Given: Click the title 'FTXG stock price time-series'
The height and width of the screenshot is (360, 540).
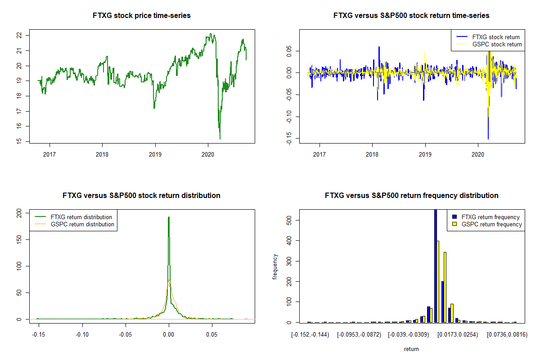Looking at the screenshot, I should coord(141,16).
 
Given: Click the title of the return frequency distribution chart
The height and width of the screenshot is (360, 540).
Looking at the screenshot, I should coord(411,196).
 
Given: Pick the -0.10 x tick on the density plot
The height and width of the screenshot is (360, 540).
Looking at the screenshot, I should coord(82,335).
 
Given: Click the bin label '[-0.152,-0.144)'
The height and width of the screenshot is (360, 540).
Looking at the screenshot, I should coord(310,335).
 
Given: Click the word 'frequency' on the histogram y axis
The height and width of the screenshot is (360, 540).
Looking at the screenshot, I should coord(275,267).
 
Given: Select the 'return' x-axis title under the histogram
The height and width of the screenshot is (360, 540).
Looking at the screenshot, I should coord(411,349).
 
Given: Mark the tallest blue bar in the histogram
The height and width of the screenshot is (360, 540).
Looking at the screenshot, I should coord(436,265).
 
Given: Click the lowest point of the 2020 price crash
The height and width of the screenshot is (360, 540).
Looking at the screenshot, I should coord(220,139).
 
